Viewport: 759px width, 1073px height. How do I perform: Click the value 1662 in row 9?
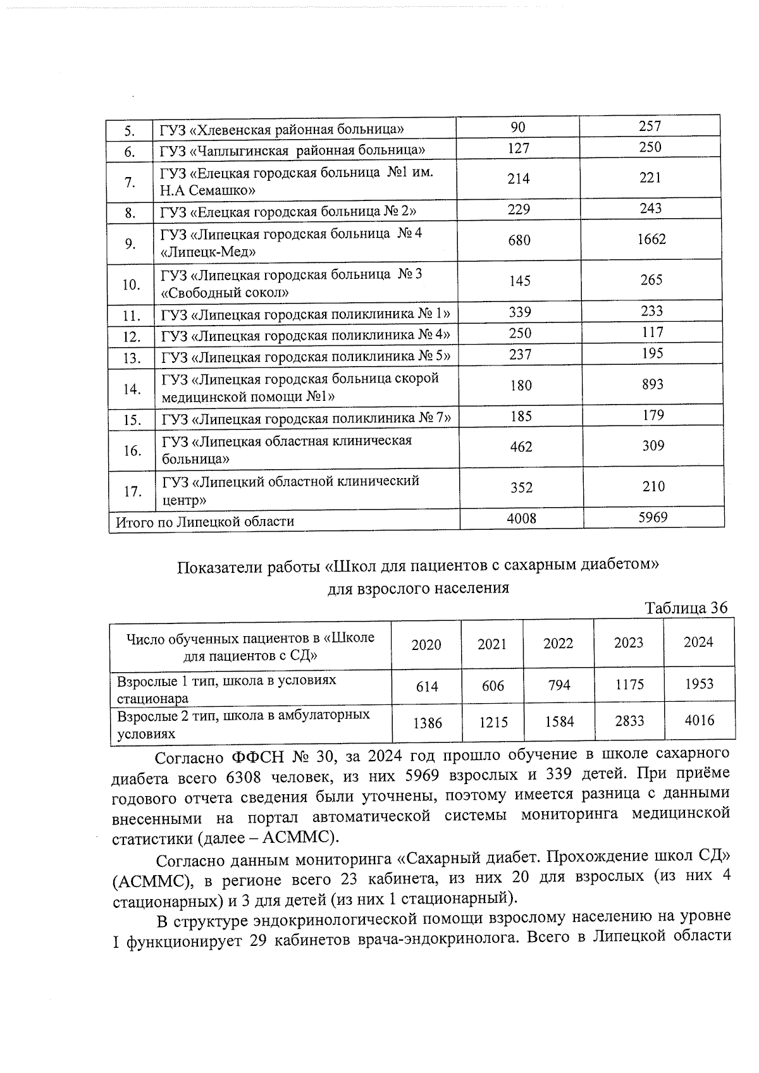coord(651,239)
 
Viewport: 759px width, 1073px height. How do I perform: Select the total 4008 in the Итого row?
coord(521,518)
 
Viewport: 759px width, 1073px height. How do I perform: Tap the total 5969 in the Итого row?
coord(653,517)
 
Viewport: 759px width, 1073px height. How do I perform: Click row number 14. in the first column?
coord(132,389)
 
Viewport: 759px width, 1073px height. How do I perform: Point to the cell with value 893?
coord(652,384)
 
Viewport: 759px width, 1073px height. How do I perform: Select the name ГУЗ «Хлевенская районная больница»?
coord(282,130)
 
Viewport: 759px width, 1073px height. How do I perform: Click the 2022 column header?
coord(558,643)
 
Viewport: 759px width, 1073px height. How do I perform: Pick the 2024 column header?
coord(698,642)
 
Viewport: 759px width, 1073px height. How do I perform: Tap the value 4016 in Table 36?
coord(699,720)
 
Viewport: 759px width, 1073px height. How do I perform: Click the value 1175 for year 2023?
coord(629,684)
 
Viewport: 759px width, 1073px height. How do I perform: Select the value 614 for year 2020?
coord(427,686)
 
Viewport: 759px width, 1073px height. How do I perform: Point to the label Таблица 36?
coord(686,608)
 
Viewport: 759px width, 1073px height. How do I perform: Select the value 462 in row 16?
coord(521,446)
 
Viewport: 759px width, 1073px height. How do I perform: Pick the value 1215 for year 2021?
coord(493,721)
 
